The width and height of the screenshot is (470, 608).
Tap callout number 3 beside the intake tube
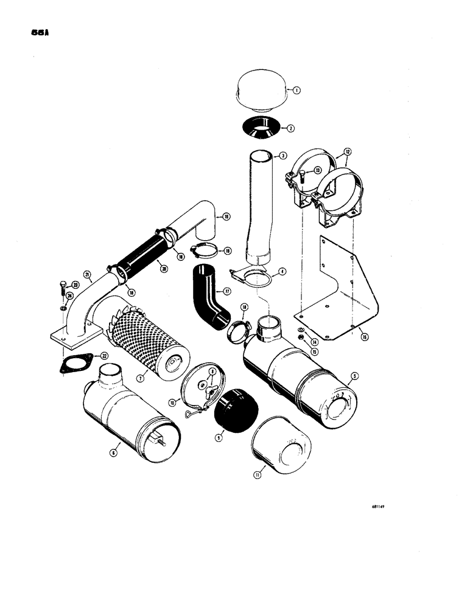pyautogui.click(x=284, y=156)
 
